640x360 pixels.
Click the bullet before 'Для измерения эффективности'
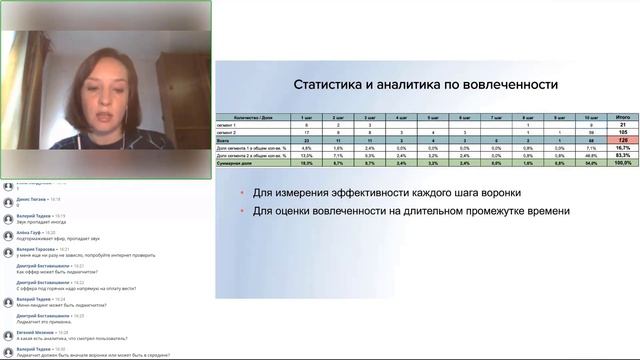click(242, 193)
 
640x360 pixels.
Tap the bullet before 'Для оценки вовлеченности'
click(242, 212)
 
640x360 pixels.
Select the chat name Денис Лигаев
click(31, 199)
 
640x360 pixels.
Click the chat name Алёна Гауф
click(29, 232)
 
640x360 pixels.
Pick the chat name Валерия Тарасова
click(35, 249)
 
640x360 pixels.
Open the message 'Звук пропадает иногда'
click(40, 222)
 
